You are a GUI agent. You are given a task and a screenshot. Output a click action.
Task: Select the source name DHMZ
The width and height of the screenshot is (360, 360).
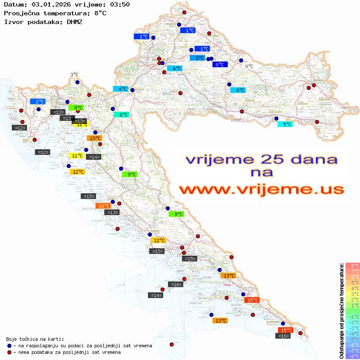click(74, 21)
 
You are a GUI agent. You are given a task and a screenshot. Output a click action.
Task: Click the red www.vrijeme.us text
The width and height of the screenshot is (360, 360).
click(261, 190)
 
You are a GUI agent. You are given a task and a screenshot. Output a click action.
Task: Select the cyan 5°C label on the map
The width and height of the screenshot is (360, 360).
click(285, 124)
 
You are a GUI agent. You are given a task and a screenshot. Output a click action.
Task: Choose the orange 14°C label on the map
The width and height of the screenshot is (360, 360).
click(103, 206)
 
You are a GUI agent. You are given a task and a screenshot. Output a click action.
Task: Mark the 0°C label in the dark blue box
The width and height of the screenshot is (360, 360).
click(220, 65)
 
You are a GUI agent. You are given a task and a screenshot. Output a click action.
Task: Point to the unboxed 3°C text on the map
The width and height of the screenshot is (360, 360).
click(74, 75)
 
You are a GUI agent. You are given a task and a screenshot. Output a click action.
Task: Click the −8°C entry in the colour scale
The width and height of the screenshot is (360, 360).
click(353, 357)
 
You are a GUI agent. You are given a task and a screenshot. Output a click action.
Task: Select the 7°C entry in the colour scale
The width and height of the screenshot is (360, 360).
click(353, 271)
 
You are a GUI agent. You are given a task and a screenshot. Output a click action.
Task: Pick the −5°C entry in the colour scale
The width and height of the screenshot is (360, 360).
click(353, 339)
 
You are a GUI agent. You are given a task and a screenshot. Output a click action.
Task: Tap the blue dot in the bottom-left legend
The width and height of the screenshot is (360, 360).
click(9, 346)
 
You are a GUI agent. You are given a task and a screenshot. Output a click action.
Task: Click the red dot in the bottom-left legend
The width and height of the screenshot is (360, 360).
click(9, 352)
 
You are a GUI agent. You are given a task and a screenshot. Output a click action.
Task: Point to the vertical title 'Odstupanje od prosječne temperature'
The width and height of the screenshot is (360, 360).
click(341, 311)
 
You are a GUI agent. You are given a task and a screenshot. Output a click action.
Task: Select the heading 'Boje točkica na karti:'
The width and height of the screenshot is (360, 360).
click(35, 339)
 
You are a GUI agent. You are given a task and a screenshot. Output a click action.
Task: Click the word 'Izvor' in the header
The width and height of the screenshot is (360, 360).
click(13, 21)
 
